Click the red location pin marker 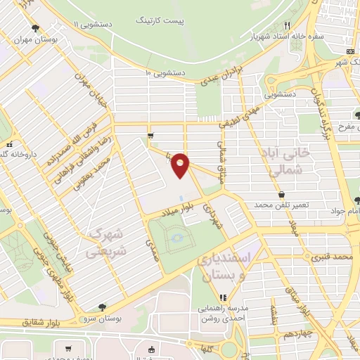point(181,165)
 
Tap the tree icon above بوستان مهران point(34,28)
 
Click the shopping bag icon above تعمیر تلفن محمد point(281,195)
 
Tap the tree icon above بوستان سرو point(103,307)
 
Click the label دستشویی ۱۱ point(88,24)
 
